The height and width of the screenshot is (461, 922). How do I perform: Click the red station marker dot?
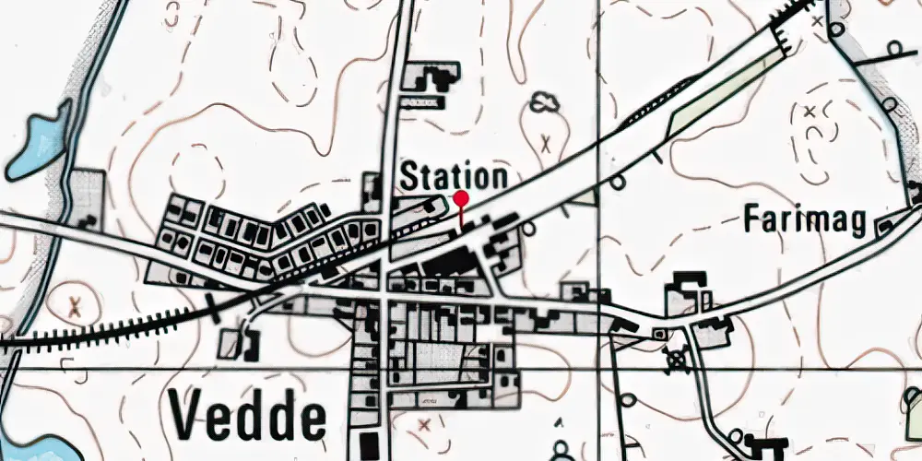tap(461, 197)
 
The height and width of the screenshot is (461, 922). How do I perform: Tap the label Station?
tap(454, 177)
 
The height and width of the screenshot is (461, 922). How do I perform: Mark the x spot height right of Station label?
tap(547, 143)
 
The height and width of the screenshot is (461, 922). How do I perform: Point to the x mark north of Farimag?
tap(810, 112)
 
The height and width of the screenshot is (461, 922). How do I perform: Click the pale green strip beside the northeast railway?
tap(719, 92)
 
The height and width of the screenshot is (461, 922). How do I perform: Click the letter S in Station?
tap(409, 177)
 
